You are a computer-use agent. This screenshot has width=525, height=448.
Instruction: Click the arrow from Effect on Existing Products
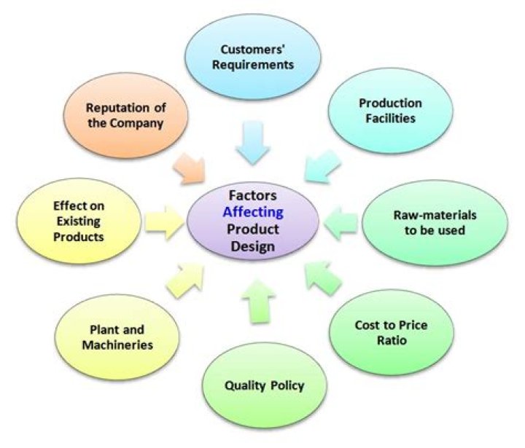[165, 221]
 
